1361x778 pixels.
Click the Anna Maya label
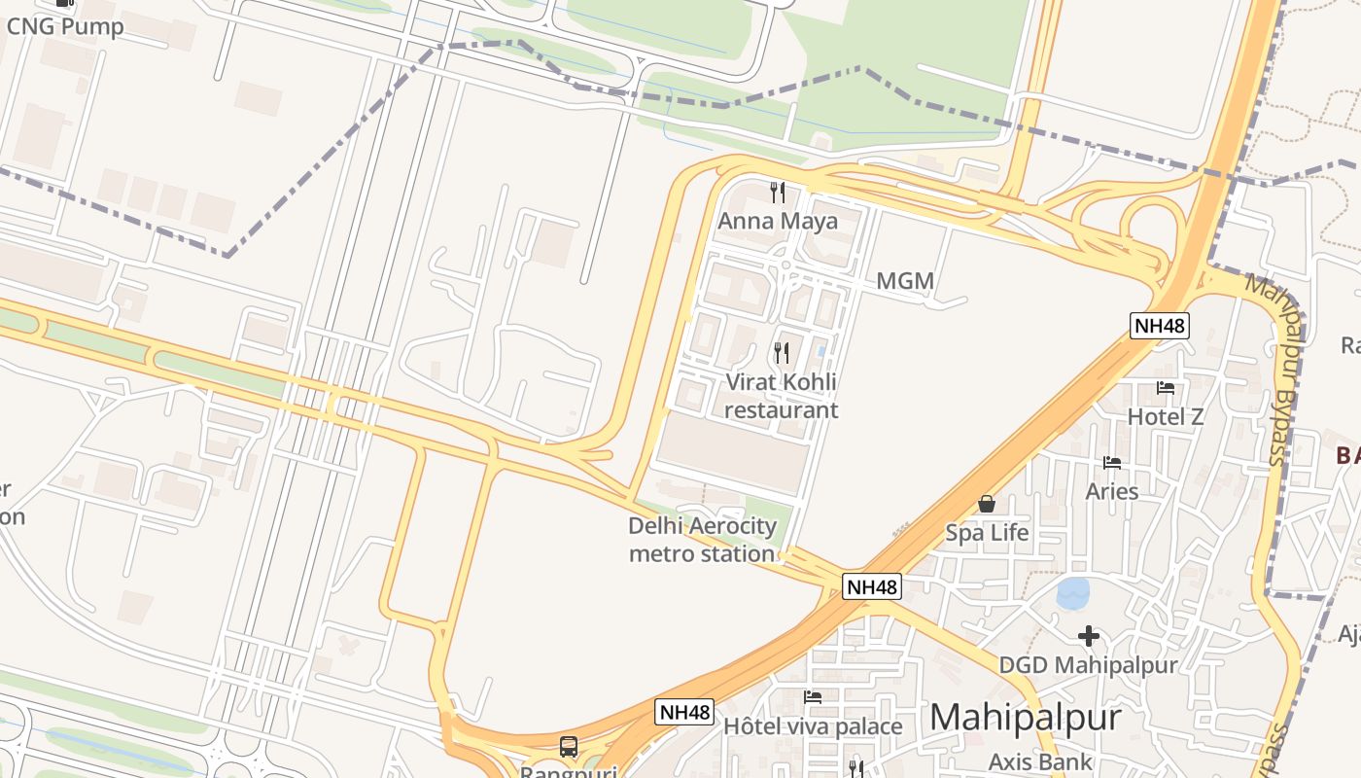pos(777,221)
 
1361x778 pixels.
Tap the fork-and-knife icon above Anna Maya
pos(777,192)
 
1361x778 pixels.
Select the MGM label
pos(905,282)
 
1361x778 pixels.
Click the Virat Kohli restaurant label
pos(781,396)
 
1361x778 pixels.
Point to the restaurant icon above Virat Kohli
pos(782,352)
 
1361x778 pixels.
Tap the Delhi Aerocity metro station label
pos(702,540)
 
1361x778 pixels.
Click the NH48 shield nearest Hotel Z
pos(1160,325)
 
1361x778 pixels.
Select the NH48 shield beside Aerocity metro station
pos(871,586)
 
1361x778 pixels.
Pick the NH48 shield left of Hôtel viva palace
pos(684,711)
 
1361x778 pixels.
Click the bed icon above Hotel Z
pos(1165,388)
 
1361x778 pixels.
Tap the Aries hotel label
pos(1112,491)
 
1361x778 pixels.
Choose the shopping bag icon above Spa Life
pos(987,504)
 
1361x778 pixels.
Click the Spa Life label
pos(987,533)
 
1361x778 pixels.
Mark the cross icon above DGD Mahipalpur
pos(1089,636)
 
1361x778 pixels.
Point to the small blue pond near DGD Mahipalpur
pos(1072,592)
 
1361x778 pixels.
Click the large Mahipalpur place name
pos(1026,718)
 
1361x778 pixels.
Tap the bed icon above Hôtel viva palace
pos(813,696)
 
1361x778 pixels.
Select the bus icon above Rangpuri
pos(569,747)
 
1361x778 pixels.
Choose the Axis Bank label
pos(1040,761)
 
